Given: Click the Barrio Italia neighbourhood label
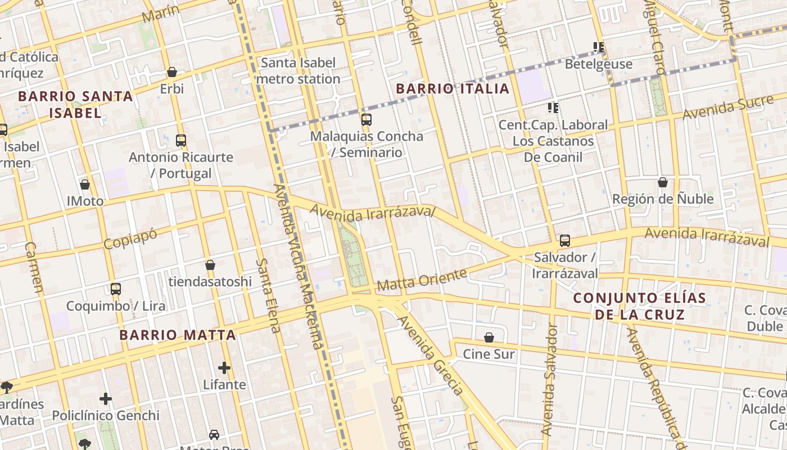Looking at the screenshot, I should click(x=453, y=88).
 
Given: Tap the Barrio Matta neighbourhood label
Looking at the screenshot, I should click(x=178, y=335).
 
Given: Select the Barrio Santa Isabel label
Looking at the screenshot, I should click(x=75, y=104).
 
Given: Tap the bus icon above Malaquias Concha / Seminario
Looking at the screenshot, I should click(x=367, y=119).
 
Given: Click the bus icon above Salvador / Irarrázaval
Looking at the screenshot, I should click(x=565, y=241).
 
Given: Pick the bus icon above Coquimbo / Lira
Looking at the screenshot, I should click(x=116, y=289).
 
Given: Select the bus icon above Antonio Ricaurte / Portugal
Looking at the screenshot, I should click(x=181, y=140).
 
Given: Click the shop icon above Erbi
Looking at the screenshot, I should click(x=172, y=72).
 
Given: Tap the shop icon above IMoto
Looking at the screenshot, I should click(x=85, y=184).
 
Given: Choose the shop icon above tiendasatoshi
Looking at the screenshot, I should click(x=210, y=265).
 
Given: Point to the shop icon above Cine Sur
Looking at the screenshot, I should click(x=489, y=337).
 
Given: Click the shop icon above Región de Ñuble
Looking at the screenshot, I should click(x=663, y=182).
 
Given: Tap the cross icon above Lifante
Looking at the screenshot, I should click(x=224, y=368).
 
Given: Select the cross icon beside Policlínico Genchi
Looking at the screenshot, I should click(x=106, y=399).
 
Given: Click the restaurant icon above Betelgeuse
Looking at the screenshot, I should click(x=599, y=47).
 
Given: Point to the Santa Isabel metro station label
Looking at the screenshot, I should click(x=298, y=71).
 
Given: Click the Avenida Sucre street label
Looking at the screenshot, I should click(x=720, y=107).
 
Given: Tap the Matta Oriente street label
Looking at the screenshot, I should click(x=422, y=280).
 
